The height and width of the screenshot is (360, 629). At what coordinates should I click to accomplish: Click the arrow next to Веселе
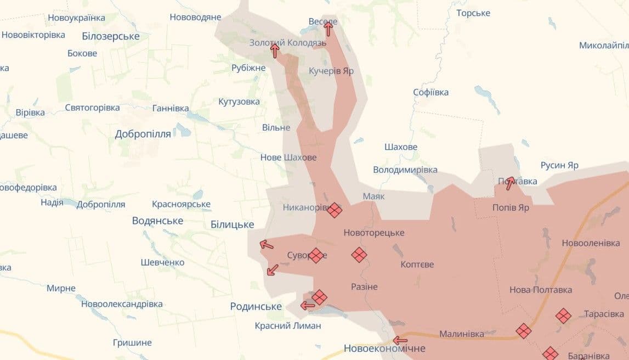click(328, 29)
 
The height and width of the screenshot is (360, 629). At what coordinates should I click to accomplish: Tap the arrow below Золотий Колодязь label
click(275, 51)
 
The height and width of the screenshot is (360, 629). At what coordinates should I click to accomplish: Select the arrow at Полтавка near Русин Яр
click(511, 183)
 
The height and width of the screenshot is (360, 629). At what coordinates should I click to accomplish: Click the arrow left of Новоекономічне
click(400, 340)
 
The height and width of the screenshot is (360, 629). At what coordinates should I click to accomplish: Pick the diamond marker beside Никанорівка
click(335, 210)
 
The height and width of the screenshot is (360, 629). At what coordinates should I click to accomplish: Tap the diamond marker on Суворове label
click(316, 255)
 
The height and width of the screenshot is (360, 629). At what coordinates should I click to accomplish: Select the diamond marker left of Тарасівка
click(563, 316)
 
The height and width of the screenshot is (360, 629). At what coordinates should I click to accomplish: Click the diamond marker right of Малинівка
click(524, 330)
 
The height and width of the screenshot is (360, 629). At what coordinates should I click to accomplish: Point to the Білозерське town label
click(110, 37)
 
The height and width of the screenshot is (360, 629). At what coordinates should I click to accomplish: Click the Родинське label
click(256, 306)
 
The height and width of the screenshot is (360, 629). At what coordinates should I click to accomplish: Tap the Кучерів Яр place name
click(331, 71)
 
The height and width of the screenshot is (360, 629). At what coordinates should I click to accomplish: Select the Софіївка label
click(430, 92)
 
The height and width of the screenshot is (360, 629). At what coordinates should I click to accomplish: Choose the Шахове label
click(401, 147)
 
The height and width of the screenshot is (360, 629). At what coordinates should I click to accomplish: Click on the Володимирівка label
click(405, 170)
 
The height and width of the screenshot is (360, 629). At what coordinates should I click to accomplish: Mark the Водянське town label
click(157, 221)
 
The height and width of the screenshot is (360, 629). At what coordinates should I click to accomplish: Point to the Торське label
click(473, 13)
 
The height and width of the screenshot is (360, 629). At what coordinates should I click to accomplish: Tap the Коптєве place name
click(417, 265)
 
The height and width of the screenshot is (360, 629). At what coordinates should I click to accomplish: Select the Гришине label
click(132, 342)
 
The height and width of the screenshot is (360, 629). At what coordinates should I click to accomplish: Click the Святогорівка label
click(92, 108)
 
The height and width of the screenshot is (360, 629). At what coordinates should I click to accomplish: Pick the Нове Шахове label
click(288, 157)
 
